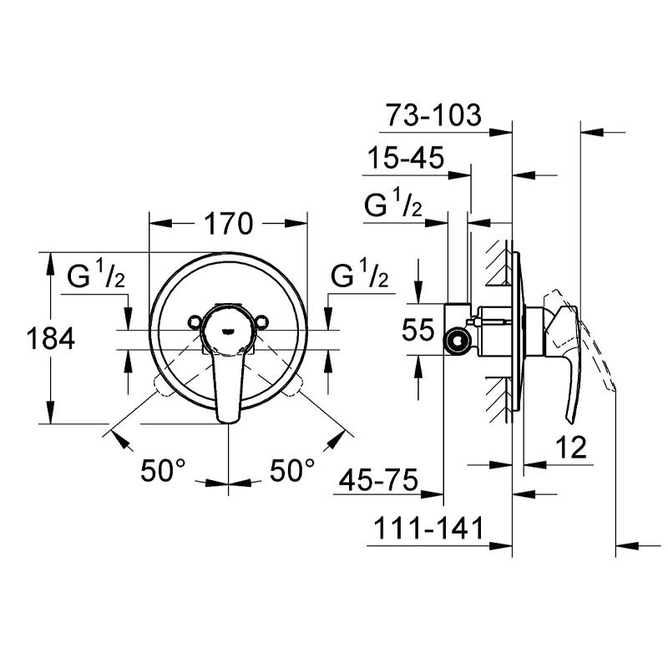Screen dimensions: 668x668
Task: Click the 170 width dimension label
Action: (228, 224)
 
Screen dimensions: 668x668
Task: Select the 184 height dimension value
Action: (50, 339)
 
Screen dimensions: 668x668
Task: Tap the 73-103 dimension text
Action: (433, 115)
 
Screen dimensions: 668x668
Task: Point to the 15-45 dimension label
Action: (406, 158)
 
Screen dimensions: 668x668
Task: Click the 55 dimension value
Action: (418, 329)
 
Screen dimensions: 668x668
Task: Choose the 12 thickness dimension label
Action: (571, 448)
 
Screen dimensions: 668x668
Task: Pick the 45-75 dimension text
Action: (379, 480)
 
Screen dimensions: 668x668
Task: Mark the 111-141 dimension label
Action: (428, 529)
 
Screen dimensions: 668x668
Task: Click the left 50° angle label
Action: (163, 470)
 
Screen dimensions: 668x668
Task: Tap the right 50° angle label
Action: (292, 470)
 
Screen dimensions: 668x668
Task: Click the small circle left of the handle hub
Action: (195, 321)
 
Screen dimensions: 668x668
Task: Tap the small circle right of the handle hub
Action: (262, 321)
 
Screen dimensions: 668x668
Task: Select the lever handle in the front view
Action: (229, 383)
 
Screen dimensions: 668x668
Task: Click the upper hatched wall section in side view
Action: (496, 263)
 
